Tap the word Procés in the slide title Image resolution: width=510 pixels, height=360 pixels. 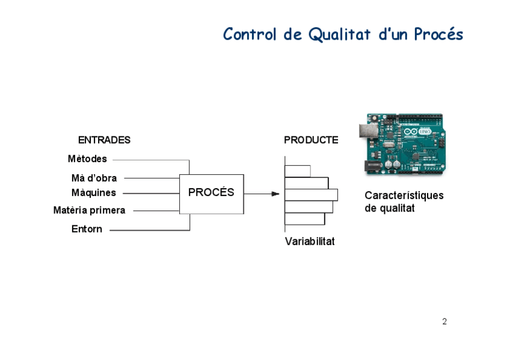coord(438,34)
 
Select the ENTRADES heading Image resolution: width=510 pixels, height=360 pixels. coord(104,140)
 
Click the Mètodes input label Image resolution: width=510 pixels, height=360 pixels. coord(87,159)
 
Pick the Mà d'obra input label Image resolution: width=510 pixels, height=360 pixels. coord(94,178)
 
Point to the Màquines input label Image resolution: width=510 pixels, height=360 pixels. coord(93,193)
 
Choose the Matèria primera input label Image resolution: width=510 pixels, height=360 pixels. coord(89,210)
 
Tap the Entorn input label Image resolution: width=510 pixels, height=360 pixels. coord(87,229)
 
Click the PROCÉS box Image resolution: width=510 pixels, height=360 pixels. coord(211,193)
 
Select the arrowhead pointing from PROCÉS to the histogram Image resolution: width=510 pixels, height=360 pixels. coord(275,194)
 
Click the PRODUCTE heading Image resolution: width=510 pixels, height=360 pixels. coord(311,140)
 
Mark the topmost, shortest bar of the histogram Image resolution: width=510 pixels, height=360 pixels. coord(297,171)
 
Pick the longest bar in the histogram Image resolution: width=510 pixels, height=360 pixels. coord(311,195)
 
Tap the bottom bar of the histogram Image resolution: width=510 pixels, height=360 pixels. coord(304,219)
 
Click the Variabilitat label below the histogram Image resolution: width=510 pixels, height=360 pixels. coord(310,242)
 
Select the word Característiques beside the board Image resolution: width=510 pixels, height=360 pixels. coord(404,195)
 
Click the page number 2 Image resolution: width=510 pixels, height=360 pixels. coord(444,322)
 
